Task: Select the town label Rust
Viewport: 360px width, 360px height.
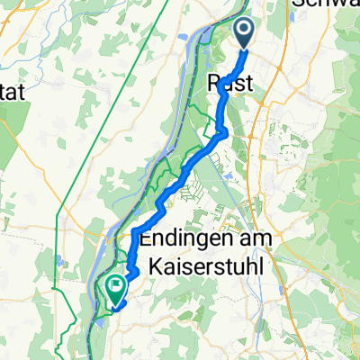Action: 235,82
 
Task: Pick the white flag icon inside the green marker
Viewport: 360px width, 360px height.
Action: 116,286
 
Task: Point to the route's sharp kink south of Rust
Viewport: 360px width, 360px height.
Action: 225,135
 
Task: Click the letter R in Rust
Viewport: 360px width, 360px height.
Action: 216,82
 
